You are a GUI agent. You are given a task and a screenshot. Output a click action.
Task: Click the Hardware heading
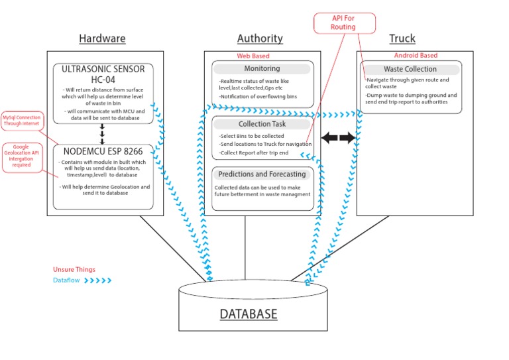pyautogui.click(x=102, y=38)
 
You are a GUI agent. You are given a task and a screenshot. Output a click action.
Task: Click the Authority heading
pyautogui.click(x=260, y=38)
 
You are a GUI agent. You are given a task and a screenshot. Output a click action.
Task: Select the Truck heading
pyautogui.click(x=402, y=38)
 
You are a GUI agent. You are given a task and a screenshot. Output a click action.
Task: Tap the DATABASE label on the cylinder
pyautogui.click(x=249, y=314)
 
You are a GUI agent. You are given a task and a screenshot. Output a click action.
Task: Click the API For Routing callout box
pyautogui.click(x=343, y=23)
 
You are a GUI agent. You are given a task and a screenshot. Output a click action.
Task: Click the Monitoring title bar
pyautogui.click(x=262, y=68)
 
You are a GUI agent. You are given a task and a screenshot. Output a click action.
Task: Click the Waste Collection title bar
pyautogui.click(x=410, y=69)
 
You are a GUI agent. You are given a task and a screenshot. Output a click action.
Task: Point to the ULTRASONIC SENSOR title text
pyautogui.click(x=103, y=74)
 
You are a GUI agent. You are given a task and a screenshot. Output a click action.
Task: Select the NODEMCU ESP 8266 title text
pyautogui.click(x=103, y=150)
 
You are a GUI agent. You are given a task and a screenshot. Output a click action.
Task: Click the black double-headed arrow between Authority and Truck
pyautogui.click(x=338, y=138)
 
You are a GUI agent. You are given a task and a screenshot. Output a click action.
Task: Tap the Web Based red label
pyautogui.click(x=253, y=56)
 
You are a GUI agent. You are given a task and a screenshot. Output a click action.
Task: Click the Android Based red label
pyautogui.click(x=416, y=56)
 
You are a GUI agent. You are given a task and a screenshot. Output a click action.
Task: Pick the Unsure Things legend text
pyautogui.click(x=74, y=270)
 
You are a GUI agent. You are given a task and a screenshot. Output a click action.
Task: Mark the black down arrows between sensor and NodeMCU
pyautogui.click(x=102, y=133)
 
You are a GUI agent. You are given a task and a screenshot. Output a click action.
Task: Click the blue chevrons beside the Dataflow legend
pyautogui.click(x=98, y=280)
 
